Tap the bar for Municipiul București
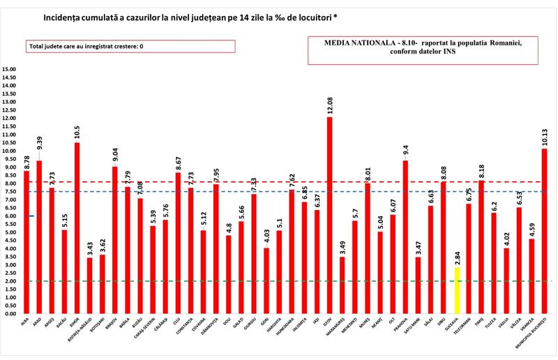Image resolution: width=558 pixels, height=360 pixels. click(544, 231)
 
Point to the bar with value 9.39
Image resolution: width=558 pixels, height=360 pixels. click(39, 237)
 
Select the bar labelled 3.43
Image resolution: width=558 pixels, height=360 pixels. click(89, 286)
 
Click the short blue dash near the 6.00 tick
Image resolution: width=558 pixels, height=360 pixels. click(31, 216)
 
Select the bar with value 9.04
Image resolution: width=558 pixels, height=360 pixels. click(114, 240)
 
